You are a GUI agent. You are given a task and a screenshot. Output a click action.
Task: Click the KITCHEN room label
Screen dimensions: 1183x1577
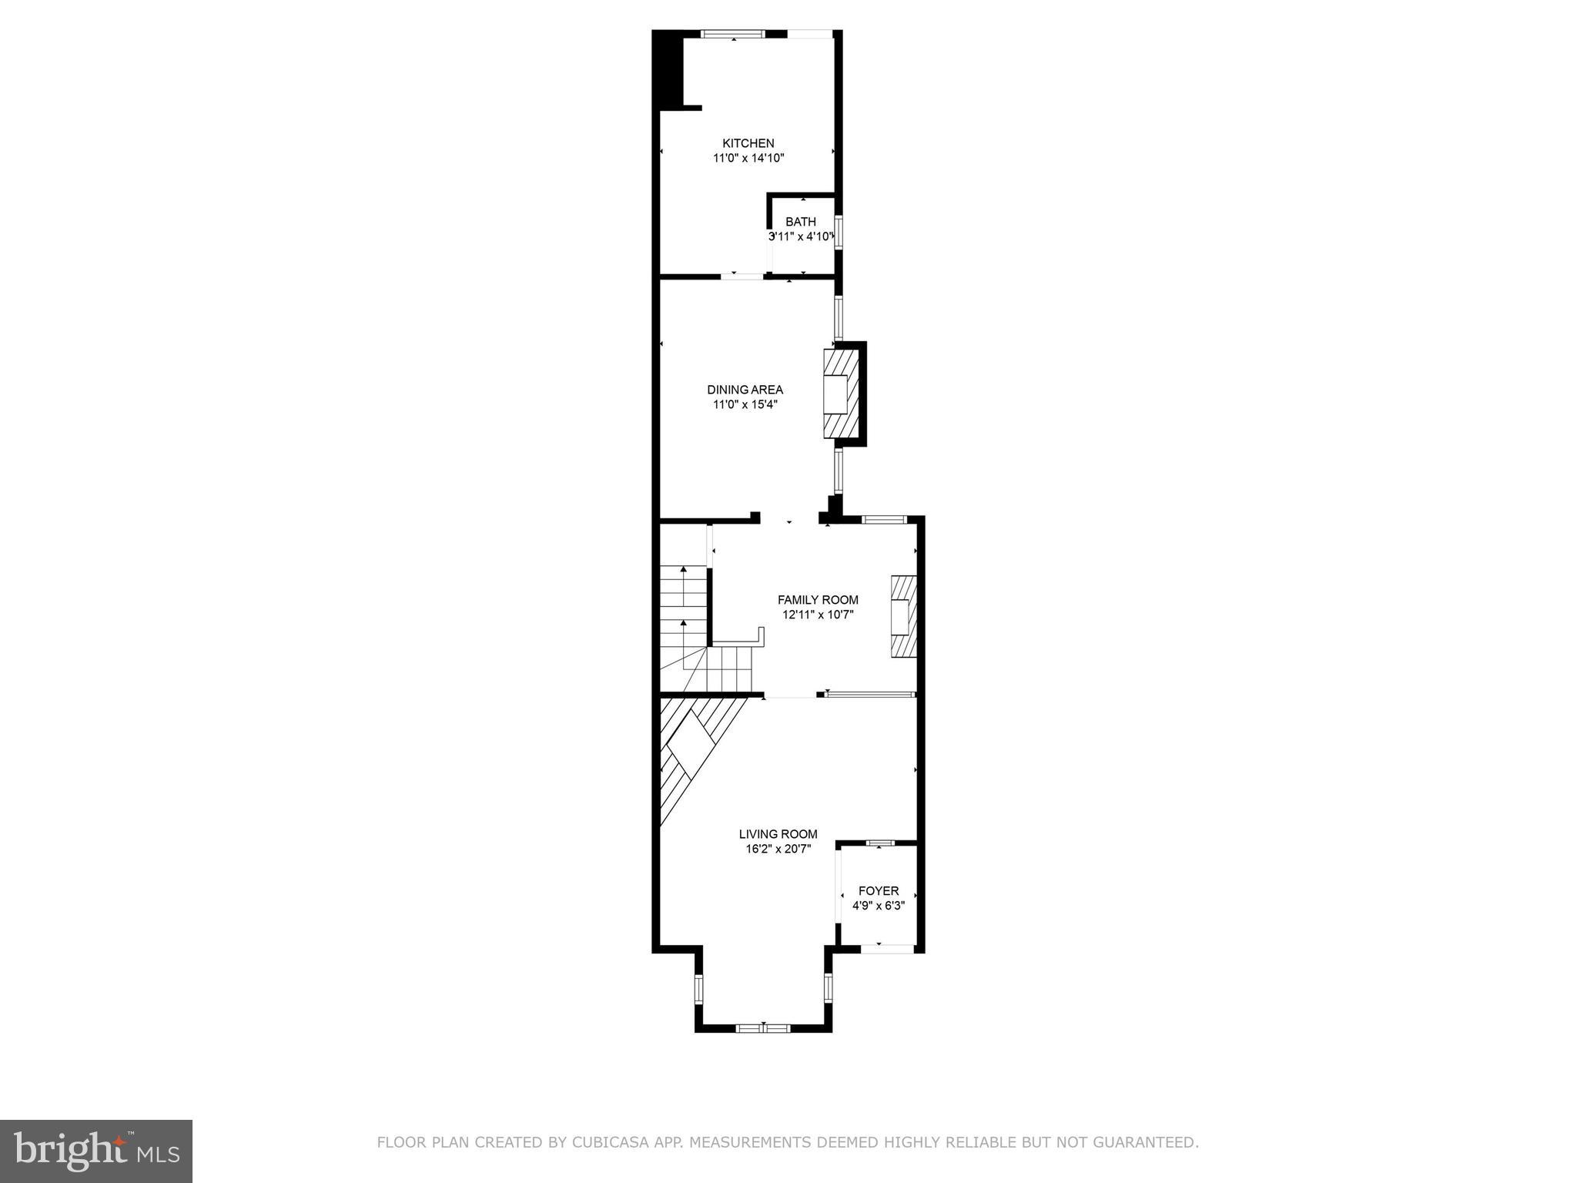pyautogui.click(x=748, y=143)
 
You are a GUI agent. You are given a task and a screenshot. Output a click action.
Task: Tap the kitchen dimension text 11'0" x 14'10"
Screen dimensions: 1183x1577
pyautogui.click(x=748, y=158)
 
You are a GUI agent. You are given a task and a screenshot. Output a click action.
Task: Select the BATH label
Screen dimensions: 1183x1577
pyautogui.click(x=801, y=222)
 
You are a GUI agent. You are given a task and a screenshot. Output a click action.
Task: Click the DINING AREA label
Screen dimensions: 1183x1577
pyautogui.click(x=745, y=390)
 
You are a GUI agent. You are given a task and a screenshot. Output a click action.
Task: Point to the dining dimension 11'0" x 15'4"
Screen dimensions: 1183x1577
pyautogui.click(x=745, y=404)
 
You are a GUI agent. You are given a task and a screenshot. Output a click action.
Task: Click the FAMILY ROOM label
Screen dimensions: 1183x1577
pyautogui.click(x=818, y=600)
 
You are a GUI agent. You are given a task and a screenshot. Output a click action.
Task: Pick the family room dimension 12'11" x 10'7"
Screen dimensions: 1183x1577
pyautogui.click(x=818, y=615)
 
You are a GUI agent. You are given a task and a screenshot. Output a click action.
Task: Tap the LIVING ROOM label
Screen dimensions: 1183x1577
pyautogui.click(x=778, y=834)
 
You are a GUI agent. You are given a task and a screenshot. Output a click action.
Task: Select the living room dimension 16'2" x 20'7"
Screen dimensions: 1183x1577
pyautogui.click(x=778, y=849)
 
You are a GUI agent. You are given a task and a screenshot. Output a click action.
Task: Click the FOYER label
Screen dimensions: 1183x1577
pyautogui.click(x=879, y=891)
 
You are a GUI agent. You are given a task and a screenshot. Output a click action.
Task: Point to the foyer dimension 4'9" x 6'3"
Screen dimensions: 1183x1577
pyautogui.click(x=879, y=906)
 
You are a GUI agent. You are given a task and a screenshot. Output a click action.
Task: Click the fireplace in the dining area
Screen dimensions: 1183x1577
pyautogui.click(x=841, y=394)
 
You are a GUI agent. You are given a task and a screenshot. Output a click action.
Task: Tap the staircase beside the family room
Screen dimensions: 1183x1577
pyautogui.click(x=684, y=624)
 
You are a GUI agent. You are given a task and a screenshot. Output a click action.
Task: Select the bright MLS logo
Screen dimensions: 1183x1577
pyautogui.click(x=96, y=1151)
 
